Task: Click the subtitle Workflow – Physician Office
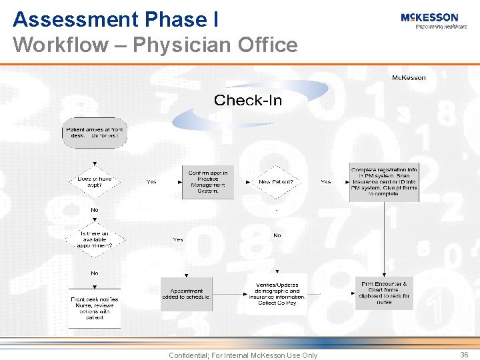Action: [x=155, y=45]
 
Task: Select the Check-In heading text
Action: [x=247, y=101]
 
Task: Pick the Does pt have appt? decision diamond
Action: [x=94, y=181]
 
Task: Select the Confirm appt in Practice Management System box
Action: [x=208, y=181]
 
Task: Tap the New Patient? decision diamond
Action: [x=275, y=181]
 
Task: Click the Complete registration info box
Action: [x=383, y=182]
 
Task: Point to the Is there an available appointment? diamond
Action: [x=94, y=239]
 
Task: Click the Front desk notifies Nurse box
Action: [x=94, y=308]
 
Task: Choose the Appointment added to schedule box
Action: [x=186, y=294]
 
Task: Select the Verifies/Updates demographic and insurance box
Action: [x=277, y=294]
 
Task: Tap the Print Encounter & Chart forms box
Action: [x=383, y=293]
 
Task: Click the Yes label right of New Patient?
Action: [x=325, y=181]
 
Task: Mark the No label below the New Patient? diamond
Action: [x=277, y=235]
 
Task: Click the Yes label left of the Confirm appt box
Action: [x=151, y=181]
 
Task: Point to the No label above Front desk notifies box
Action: [x=94, y=273]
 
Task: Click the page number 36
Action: [x=464, y=355]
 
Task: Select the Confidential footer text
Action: [x=243, y=355]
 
